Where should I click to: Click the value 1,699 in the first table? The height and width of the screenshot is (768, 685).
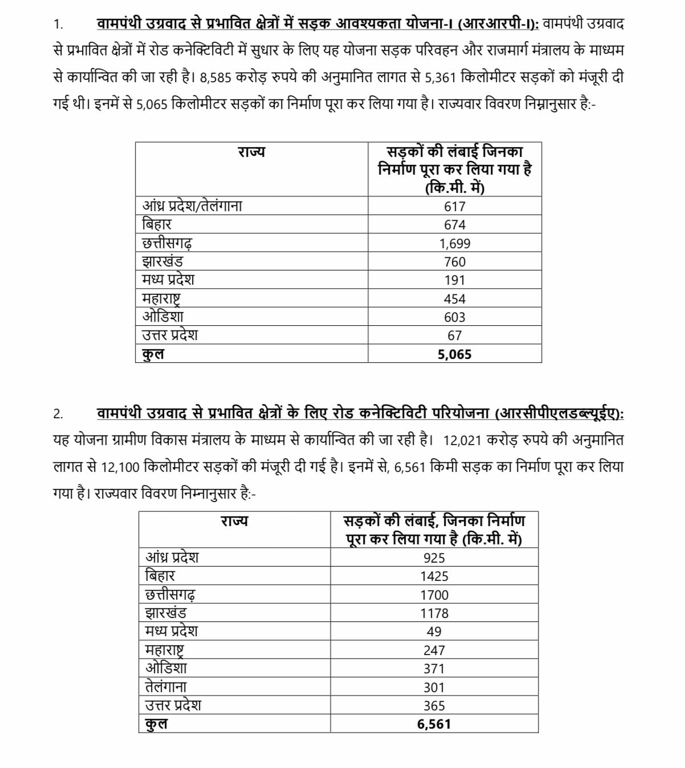click(454, 244)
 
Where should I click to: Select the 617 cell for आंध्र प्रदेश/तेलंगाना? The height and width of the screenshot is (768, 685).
click(454, 207)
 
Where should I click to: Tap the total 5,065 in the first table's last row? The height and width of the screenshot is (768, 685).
click(454, 354)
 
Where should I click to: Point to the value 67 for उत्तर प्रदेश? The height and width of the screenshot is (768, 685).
click(454, 336)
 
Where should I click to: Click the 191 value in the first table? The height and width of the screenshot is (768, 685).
click(454, 280)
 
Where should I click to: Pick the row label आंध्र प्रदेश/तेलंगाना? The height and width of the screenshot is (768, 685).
click(192, 206)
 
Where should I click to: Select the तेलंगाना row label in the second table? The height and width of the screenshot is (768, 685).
click(166, 686)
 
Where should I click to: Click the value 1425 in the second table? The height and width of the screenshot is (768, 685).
click(434, 576)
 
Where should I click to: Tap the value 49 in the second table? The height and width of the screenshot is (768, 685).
click(434, 632)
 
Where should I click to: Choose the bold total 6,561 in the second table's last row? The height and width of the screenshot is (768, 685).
click(434, 724)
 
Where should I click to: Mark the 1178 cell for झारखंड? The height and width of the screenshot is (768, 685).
click(434, 613)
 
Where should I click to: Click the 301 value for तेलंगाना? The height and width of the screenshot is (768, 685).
click(434, 688)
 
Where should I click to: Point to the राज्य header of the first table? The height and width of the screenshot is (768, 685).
click(251, 152)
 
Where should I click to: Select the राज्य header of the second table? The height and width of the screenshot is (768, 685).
click(234, 521)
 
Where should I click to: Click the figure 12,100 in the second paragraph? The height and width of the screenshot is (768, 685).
click(120, 467)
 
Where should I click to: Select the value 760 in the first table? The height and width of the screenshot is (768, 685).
click(454, 262)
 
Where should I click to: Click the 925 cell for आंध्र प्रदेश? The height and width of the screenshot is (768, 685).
click(434, 558)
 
